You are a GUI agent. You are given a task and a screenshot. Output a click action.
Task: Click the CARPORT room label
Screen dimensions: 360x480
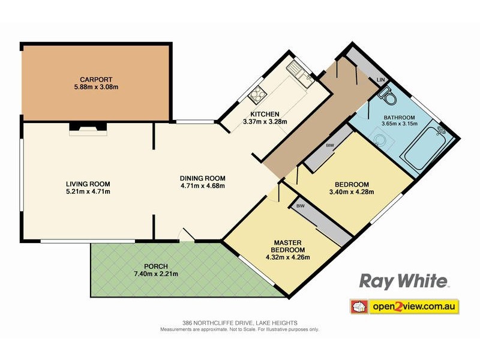click(x=97, y=79)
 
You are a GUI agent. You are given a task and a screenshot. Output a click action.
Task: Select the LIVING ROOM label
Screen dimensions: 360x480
click(x=88, y=184)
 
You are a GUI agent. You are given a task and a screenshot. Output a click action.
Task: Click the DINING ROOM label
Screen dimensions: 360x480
click(x=202, y=178)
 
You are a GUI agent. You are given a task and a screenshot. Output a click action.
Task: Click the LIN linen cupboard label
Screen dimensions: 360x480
click(x=379, y=80)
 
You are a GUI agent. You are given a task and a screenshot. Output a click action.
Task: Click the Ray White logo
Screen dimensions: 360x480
click(x=404, y=280)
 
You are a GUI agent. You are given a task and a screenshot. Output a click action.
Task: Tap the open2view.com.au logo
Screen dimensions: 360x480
click(x=405, y=307)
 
